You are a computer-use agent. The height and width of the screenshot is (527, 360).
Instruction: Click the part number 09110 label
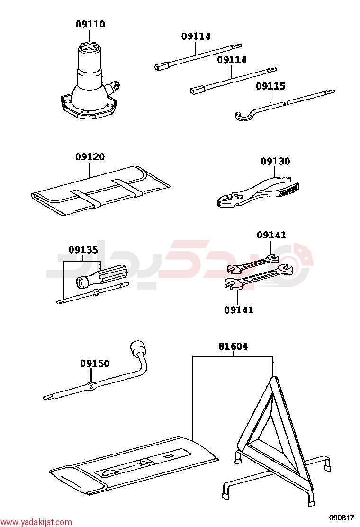click(90, 24)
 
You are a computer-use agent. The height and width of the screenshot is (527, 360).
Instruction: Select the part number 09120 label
click(90, 156)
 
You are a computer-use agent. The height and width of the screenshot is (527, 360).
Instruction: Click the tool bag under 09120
click(101, 190)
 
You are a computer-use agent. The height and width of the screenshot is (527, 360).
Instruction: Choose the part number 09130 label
click(275, 161)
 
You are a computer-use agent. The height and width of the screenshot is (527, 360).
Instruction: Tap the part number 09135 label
click(83, 250)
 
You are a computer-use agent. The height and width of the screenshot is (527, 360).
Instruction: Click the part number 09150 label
click(95, 363)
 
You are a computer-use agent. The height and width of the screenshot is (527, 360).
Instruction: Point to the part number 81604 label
click(233, 346)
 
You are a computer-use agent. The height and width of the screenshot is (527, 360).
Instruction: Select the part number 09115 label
click(270, 86)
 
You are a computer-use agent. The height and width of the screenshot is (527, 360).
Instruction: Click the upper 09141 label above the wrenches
click(271, 235)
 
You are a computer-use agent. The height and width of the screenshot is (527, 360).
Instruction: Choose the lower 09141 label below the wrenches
click(239, 310)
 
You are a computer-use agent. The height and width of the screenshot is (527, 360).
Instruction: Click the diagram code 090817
click(341, 518)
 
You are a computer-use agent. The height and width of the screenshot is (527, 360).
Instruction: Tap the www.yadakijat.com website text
click(36, 522)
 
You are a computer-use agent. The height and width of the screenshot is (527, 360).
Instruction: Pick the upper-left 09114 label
click(196, 36)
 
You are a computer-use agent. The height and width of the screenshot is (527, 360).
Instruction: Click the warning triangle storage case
click(135, 465)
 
